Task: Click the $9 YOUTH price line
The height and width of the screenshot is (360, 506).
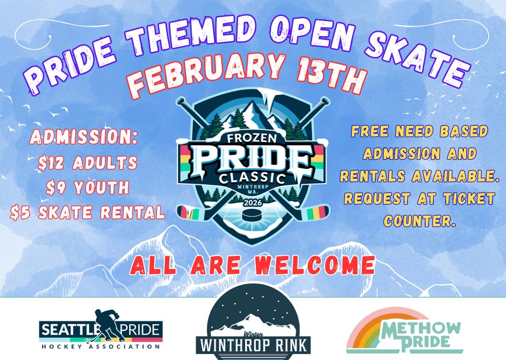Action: (88, 188)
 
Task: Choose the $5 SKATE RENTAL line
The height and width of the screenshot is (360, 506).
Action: (88, 212)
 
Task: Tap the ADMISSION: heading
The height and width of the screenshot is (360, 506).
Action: (84, 138)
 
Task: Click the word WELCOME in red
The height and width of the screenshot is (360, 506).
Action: (315, 266)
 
